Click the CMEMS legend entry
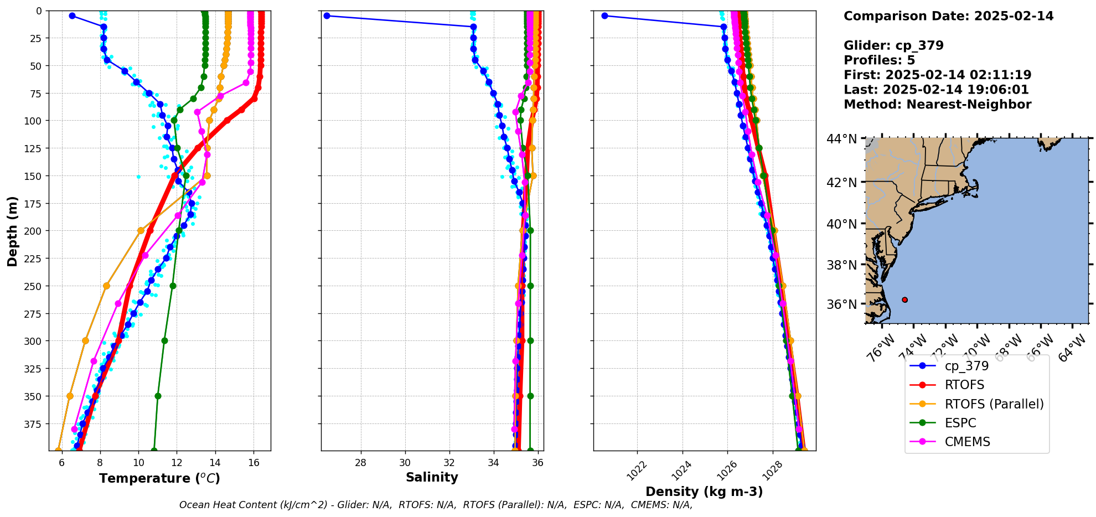pos(967,442)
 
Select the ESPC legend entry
pos(960,423)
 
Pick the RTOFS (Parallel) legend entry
pos(994,404)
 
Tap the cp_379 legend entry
pos(966,366)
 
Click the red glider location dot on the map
pos(904,299)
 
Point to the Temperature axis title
pos(159,478)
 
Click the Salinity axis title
pos(432,477)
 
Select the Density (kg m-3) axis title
pos(704,492)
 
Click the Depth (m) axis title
pos(12,231)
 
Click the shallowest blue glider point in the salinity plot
pos(327,15)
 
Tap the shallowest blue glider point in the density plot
pos(604,15)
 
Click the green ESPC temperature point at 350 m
pos(158,396)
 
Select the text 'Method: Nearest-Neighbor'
pos(937,105)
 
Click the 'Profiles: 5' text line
pos(879,60)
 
